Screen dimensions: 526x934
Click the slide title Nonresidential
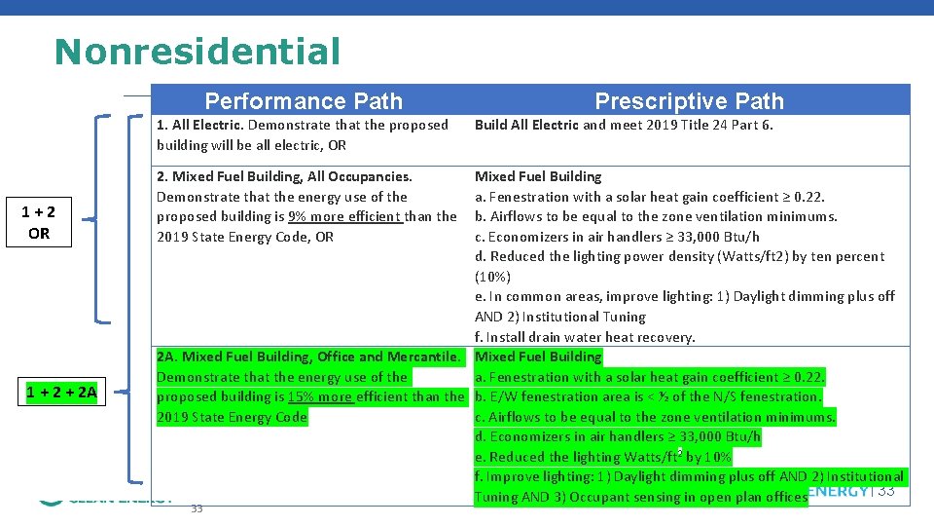[198, 51]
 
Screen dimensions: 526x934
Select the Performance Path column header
[304, 101]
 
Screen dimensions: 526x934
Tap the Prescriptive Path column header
[689, 101]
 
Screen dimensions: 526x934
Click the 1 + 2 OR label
[39, 223]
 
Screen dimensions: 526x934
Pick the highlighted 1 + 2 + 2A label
[61, 394]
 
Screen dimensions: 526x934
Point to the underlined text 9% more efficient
[345, 216]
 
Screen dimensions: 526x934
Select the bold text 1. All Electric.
[199, 125]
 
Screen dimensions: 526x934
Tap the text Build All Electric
[526, 125]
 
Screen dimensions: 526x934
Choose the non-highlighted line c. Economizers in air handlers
[617, 237]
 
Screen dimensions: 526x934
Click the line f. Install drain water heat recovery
[585, 337]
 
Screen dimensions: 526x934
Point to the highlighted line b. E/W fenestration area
[648, 396]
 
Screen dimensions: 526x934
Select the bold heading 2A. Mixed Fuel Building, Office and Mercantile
[308, 357]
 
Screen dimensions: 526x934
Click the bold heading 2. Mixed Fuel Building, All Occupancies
[284, 176]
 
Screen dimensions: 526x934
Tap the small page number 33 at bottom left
[197, 508]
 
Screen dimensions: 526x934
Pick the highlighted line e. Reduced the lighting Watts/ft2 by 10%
[603, 457]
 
